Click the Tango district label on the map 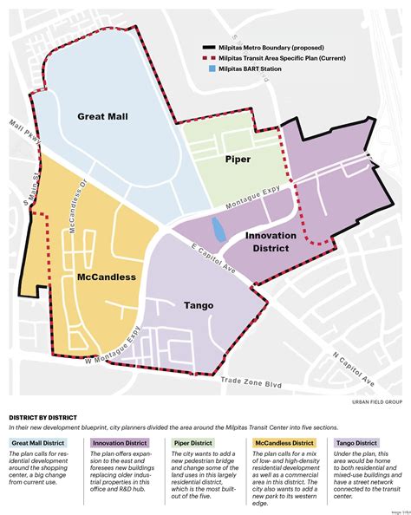(199, 304)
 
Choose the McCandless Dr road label (71, 199)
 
